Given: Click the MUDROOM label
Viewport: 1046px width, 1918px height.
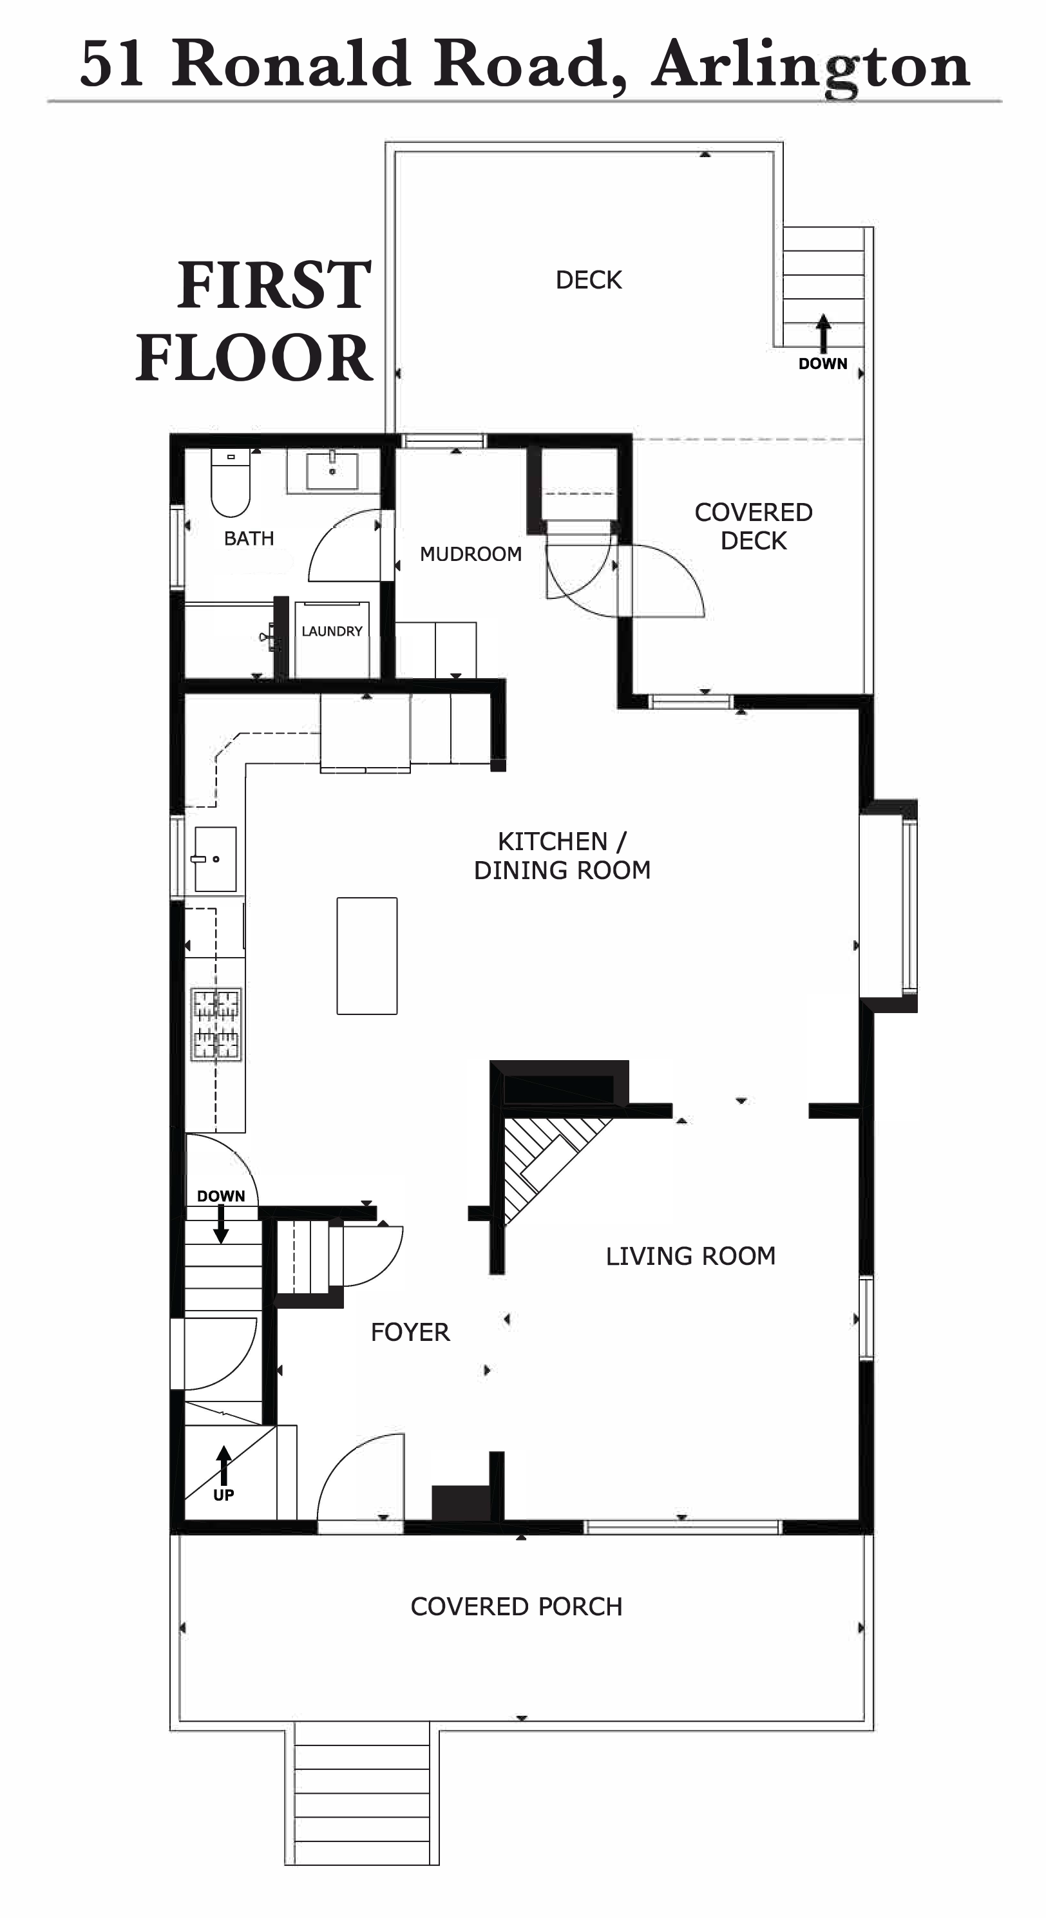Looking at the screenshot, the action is click(471, 554).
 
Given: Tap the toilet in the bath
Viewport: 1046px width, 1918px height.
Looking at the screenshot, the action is click(230, 482).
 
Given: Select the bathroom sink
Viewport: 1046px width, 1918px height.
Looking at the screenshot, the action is click(332, 471).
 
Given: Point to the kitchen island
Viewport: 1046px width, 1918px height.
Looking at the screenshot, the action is click(367, 956).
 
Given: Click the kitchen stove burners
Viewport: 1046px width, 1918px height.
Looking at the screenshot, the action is click(216, 1024).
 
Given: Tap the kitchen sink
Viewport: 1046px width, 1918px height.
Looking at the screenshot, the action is click(215, 859).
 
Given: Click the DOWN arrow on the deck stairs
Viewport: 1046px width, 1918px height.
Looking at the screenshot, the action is click(823, 334).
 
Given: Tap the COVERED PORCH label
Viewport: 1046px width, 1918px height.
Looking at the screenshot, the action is click(516, 1607).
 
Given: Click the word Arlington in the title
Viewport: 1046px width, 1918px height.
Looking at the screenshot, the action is click(811, 66).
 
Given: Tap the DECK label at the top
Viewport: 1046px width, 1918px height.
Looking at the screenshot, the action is click(588, 280).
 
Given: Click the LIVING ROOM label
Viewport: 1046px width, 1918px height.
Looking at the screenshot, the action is click(690, 1256).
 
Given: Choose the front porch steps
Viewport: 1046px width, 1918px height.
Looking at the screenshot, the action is click(362, 1794).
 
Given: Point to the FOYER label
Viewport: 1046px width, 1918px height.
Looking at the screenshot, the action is click(410, 1332).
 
